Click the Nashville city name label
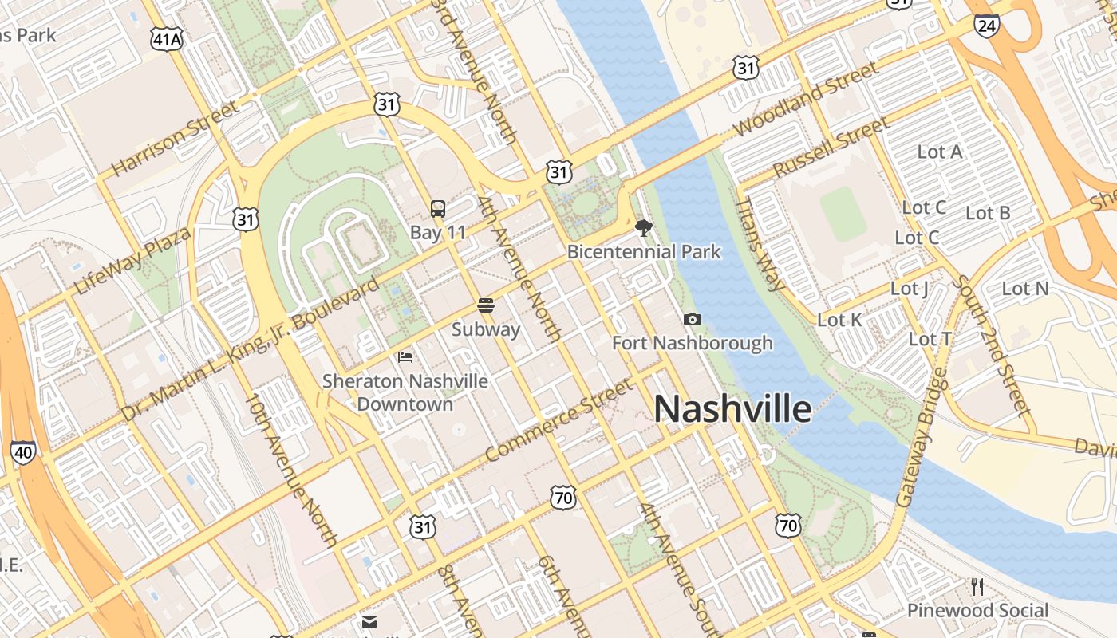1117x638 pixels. click(732, 409)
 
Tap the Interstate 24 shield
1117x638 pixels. click(986, 26)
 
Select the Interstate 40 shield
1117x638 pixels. click(23, 453)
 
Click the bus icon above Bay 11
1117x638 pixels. click(437, 210)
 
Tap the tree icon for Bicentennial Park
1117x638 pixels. click(643, 229)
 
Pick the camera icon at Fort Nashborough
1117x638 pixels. click(692, 320)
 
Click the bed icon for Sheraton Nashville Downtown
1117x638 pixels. click(405, 357)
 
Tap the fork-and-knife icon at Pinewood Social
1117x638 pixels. click(977, 587)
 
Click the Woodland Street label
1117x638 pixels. click(805, 98)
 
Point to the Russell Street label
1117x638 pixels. click(831, 148)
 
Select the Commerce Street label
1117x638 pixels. click(558, 420)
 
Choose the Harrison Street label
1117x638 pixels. click(175, 139)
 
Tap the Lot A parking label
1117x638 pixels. click(939, 152)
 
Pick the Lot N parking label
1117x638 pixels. click(1025, 289)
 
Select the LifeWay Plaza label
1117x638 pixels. click(132, 261)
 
